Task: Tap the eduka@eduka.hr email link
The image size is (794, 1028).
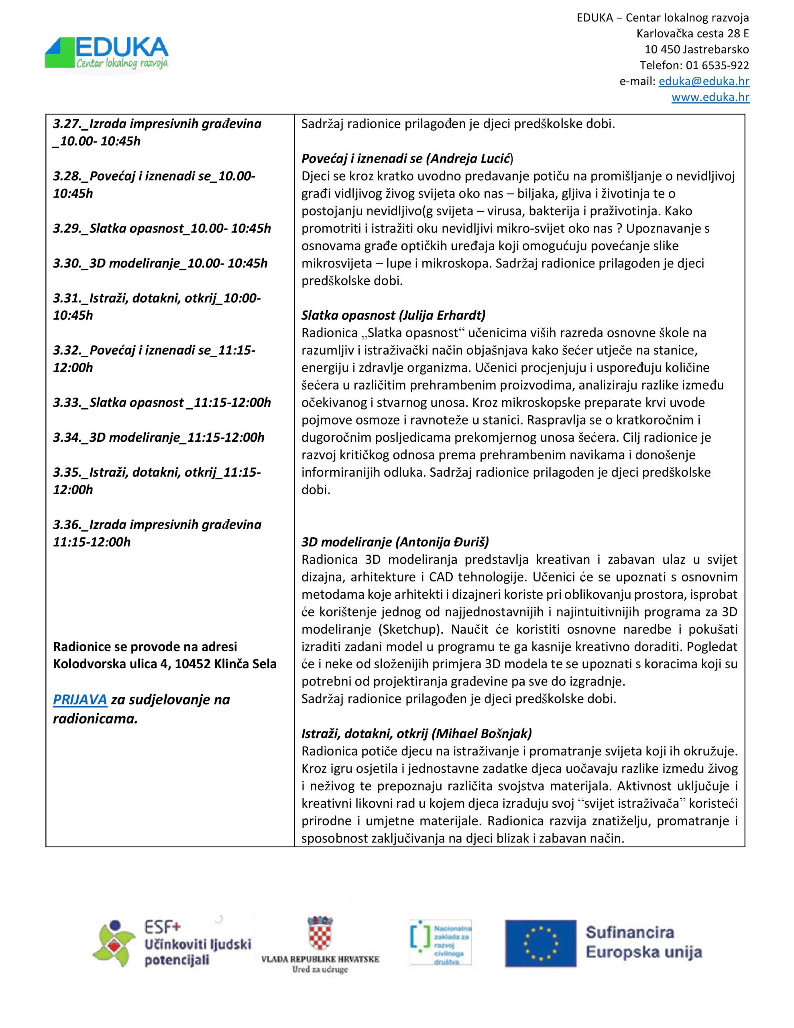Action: tap(704, 81)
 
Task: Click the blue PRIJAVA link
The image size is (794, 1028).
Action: tap(80, 700)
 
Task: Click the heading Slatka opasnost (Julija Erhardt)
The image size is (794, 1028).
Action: tap(393, 315)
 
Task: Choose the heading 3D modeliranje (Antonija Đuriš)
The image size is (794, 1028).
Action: tap(395, 542)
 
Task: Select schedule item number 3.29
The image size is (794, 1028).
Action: tap(162, 228)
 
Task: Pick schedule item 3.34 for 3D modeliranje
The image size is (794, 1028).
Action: tap(159, 437)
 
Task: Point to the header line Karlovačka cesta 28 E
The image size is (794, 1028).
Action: tap(692, 33)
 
